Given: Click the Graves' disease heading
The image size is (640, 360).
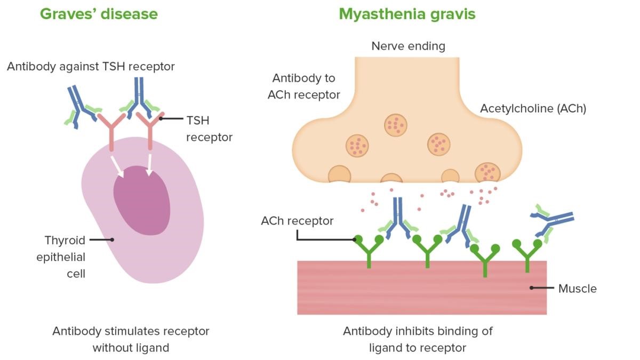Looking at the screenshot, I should (99, 13).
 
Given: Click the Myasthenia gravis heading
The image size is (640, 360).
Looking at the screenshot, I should (407, 13).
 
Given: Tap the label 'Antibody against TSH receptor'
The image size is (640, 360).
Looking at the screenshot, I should (91, 67).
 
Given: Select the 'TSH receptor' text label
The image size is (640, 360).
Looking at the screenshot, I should (209, 129).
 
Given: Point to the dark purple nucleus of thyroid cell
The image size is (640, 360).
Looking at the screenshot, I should (142, 201).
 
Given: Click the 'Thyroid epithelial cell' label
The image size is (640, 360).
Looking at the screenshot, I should (60, 257).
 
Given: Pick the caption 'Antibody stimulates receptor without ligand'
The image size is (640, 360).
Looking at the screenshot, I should (131, 339).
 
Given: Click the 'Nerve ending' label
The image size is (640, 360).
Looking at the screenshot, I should (408, 46).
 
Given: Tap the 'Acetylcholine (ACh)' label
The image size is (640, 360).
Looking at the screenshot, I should (533, 108).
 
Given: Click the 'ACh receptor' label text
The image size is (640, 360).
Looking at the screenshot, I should (297, 220).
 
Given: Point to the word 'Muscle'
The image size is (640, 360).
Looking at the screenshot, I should (577, 289).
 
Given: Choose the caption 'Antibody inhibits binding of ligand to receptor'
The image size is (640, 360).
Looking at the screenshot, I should (418, 339).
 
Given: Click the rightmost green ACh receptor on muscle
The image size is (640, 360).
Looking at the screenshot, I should (527, 253).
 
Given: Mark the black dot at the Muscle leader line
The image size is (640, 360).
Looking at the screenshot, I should (532, 288).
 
